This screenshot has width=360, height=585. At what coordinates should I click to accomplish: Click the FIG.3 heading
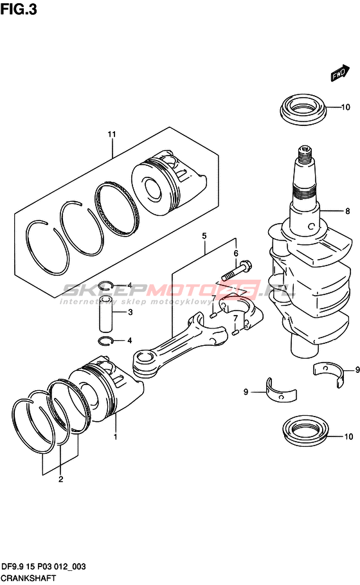[x=19, y=10]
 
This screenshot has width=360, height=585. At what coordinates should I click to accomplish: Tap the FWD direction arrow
[x=340, y=73]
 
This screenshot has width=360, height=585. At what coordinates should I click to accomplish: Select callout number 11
[x=112, y=134]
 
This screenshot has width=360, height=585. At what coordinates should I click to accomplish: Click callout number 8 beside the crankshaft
[x=347, y=211]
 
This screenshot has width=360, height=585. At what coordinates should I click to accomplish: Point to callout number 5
[x=204, y=236]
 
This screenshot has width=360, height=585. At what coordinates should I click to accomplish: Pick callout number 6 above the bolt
[x=236, y=254]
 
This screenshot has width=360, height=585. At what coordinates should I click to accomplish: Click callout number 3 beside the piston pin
[x=130, y=312]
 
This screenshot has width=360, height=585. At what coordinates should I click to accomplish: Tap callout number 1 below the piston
[x=116, y=436]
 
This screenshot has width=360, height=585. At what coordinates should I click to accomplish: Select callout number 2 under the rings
[x=61, y=480]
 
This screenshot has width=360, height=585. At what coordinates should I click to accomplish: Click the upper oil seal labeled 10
[x=303, y=109]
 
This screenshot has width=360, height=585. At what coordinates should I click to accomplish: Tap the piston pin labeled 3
[x=106, y=314]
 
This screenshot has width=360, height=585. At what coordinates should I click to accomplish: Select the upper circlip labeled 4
[x=105, y=286]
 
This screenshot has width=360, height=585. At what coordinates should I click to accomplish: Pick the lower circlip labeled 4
[x=106, y=341]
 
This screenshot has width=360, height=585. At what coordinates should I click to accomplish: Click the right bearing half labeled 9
[x=328, y=373]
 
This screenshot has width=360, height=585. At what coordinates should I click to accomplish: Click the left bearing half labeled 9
[x=282, y=393]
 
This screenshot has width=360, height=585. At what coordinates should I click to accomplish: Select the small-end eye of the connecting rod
[x=143, y=360]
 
